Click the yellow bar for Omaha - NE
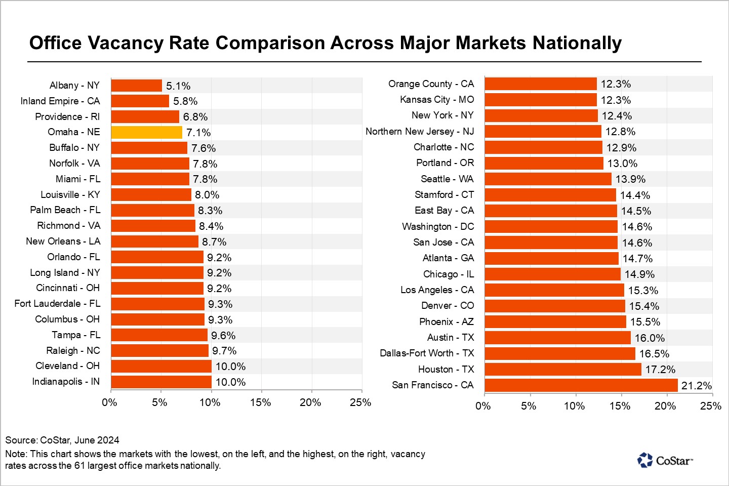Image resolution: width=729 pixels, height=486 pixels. click(x=146, y=132)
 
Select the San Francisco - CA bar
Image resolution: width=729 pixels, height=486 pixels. click(x=581, y=385)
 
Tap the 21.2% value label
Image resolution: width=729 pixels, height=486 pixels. click(x=696, y=386)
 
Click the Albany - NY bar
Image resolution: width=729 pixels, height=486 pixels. click(x=136, y=86)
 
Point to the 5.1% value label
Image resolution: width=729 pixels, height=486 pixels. click(x=178, y=86)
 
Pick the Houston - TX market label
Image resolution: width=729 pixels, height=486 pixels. click(x=446, y=369)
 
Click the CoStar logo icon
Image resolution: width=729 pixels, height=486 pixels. click(x=645, y=460)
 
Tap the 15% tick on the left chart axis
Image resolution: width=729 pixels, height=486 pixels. click(x=260, y=402)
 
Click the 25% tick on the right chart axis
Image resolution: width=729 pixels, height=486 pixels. click(x=710, y=406)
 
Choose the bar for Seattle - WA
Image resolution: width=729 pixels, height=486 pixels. click(x=548, y=179)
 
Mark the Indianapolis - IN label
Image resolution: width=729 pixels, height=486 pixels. click(x=66, y=381)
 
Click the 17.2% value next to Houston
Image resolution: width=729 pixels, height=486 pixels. click(x=660, y=370)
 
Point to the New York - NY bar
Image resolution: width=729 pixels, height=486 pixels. click(x=541, y=116)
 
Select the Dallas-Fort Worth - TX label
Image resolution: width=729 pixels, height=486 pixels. click(x=427, y=353)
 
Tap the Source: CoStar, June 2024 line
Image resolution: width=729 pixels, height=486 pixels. click(x=62, y=440)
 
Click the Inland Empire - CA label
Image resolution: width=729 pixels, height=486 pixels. click(x=60, y=101)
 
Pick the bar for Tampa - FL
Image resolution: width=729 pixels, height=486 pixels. click(x=159, y=335)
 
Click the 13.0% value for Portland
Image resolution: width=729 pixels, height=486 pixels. click(x=622, y=164)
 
